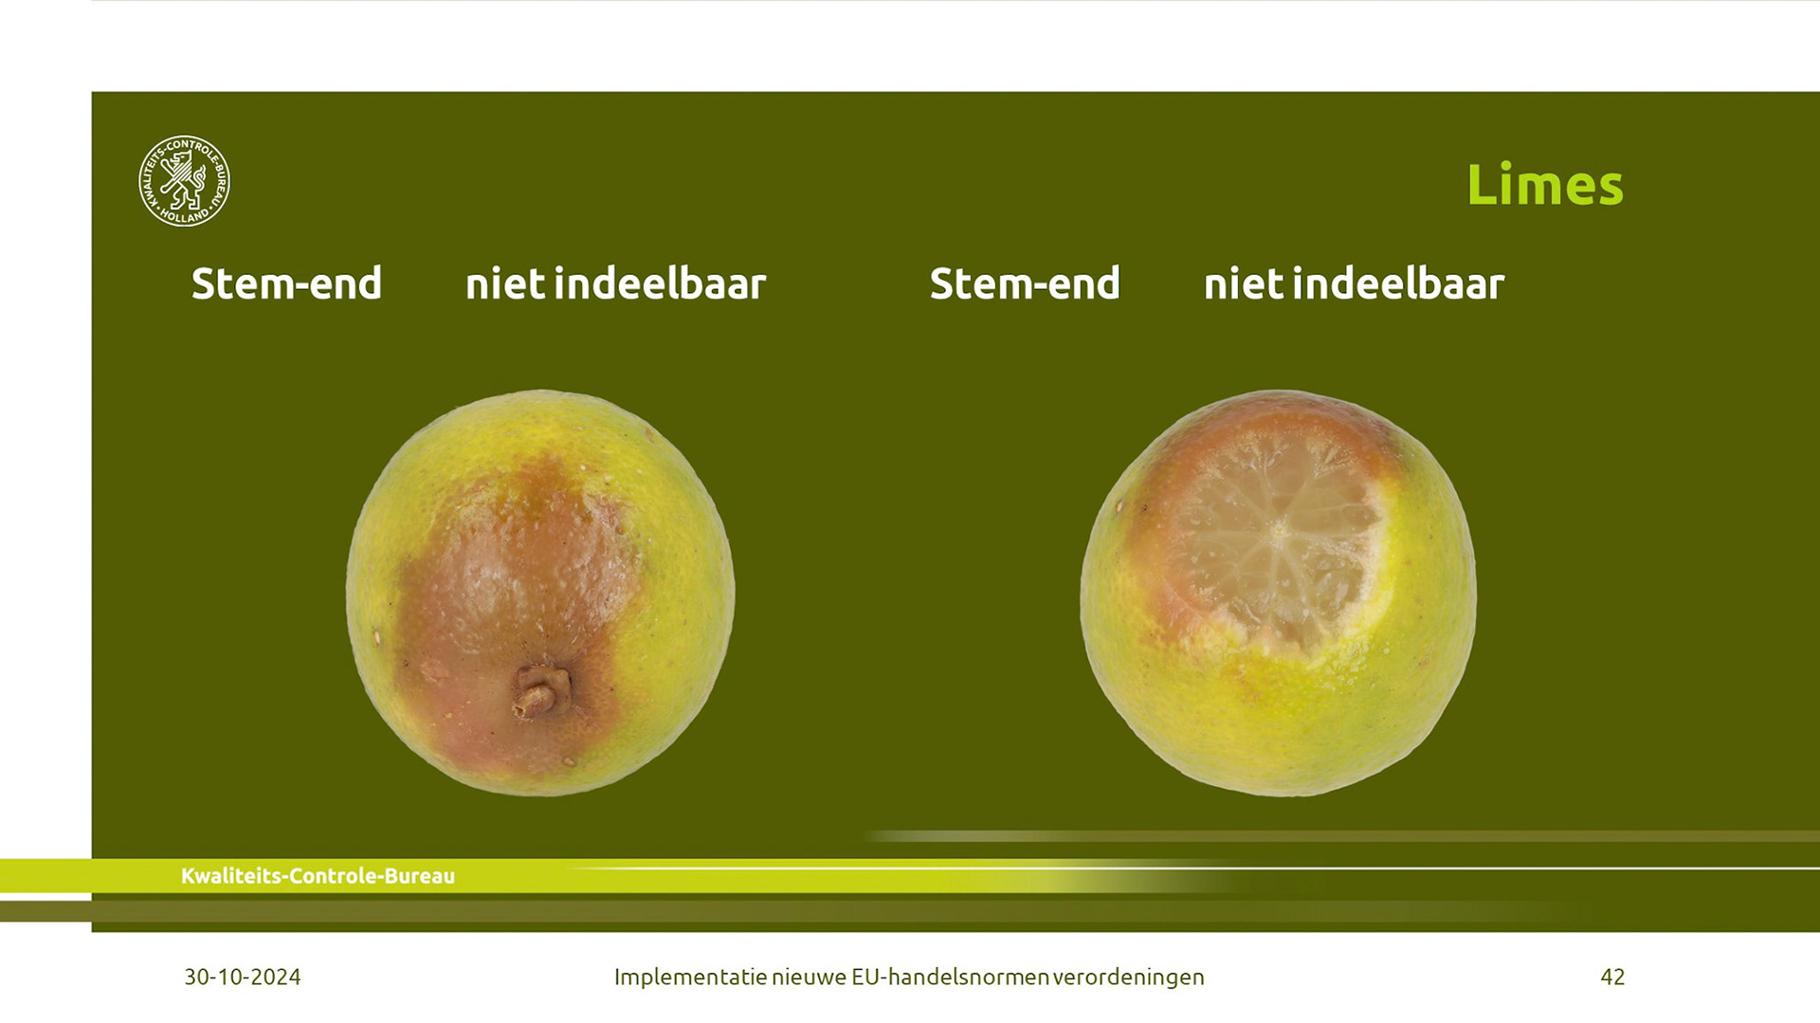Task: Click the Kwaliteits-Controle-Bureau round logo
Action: pyautogui.click(x=184, y=181)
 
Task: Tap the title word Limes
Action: pyautogui.click(x=1544, y=185)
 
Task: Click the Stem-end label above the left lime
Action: pyautogui.click(x=286, y=283)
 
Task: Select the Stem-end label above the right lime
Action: pyautogui.click(x=1025, y=283)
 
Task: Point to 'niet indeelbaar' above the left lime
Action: pyautogui.click(x=615, y=283)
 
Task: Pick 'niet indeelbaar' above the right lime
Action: pyautogui.click(x=1354, y=283)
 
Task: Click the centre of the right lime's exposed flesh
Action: pyautogui.click(x=1279, y=531)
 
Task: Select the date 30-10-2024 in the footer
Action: pyautogui.click(x=243, y=977)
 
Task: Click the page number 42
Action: pyautogui.click(x=1612, y=977)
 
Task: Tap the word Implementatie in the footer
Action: pyautogui.click(x=690, y=977)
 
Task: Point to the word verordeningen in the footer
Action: pyautogui.click(x=1128, y=977)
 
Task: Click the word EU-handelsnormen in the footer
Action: pyautogui.click(x=950, y=977)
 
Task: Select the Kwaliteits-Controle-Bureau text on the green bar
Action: pyautogui.click(x=318, y=876)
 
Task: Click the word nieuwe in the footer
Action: pyautogui.click(x=809, y=977)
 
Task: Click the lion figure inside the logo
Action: pyautogui.click(x=183, y=180)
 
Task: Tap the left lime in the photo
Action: pyautogui.click(x=540, y=593)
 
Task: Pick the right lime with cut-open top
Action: pyautogui.click(x=1279, y=593)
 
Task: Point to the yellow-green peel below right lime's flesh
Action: pyautogui.click(x=1289, y=721)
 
